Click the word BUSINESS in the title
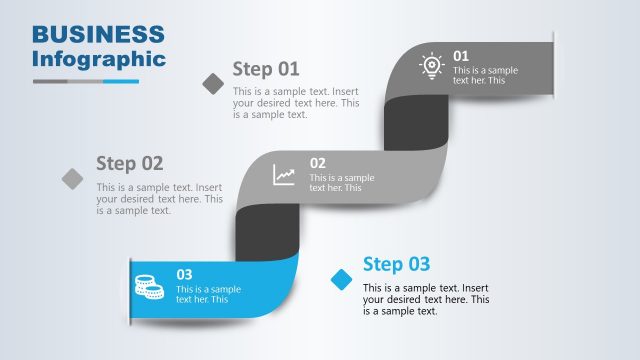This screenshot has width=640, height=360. pyautogui.click(x=98, y=34)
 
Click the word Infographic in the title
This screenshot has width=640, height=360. pyautogui.click(x=98, y=58)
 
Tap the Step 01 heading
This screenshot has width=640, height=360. pyautogui.click(x=266, y=69)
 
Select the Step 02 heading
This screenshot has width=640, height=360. pyautogui.click(x=129, y=163)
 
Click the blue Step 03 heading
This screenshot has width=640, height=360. pyautogui.click(x=396, y=264)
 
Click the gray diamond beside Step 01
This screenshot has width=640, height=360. pyautogui.click(x=213, y=84)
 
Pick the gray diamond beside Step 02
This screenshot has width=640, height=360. pyautogui.click(x=73, y=178)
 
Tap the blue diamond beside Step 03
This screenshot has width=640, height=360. pyautogui.click(x=342, y=278)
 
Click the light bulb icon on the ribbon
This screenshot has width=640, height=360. pyautogui.click(x=431, y=65)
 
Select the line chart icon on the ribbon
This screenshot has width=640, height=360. pyautogui.click(x=285, y=175)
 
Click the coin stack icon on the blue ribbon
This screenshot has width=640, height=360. pyautogui.click(x=149, y=286)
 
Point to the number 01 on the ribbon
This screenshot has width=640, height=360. pyautogui.click(x=461, y=56)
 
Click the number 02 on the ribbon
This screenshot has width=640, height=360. pyautogui.click(x=317, y=163)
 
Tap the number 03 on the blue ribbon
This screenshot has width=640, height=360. pyautogui.click(x=184, y=274)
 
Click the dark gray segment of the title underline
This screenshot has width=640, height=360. pyautogui.click(x=51, y=81)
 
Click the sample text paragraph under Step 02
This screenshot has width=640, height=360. pyautogui.click(x=159, y=198)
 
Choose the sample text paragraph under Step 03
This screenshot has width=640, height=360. pyautogui.click(x=426, y=300)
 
